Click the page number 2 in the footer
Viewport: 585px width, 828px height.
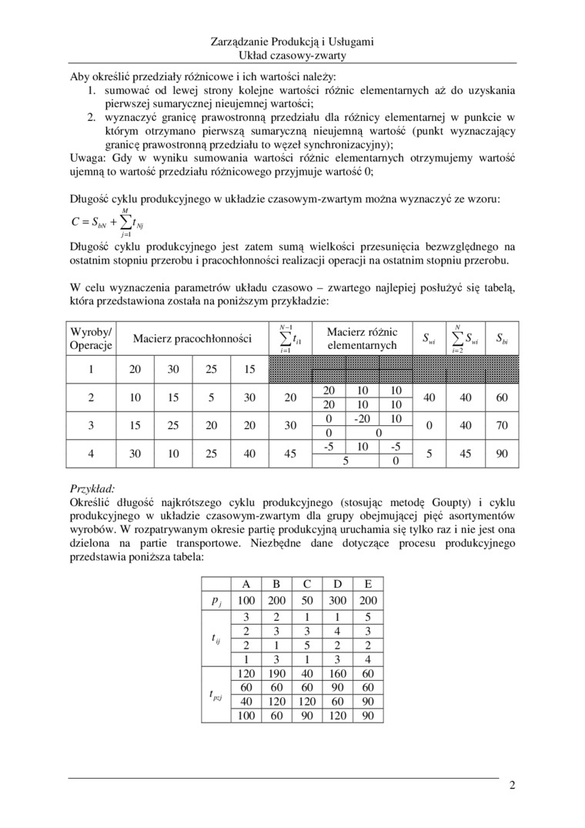tap(511, 786)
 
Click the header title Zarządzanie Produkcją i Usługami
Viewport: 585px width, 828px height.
tap(292, 43)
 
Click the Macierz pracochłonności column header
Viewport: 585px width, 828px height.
tap(192, 338)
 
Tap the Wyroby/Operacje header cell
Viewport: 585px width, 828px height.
tap(92, 338)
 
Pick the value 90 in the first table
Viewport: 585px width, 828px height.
tap(502, 454)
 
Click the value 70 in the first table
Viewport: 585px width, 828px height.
tap(502, 424)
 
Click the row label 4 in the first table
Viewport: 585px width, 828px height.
tap(91, 454)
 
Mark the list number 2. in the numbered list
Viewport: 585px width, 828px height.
tap(91, 116)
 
